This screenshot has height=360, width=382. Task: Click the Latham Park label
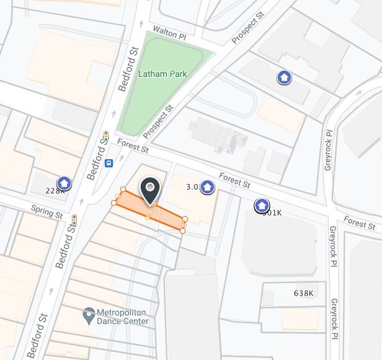click(162, 74)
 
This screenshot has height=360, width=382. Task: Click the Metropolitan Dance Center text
click(123, 317)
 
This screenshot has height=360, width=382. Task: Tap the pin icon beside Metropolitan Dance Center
click(89, 315)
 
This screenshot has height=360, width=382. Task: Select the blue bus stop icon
click(109, 164)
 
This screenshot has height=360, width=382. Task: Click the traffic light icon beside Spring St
click(74, 219)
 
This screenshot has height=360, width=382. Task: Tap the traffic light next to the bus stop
click(105, 136)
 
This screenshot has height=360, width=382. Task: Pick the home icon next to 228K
click(64, 183)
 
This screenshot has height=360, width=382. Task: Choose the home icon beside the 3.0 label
click(208, 187)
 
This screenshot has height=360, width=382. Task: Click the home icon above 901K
click(262, 205)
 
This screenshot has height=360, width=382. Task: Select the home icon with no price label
click(284, 77)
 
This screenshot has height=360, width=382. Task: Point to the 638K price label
click(303, 293)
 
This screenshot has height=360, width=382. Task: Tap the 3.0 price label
click(192, 187)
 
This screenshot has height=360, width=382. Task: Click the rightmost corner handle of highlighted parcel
click(185, 219)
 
